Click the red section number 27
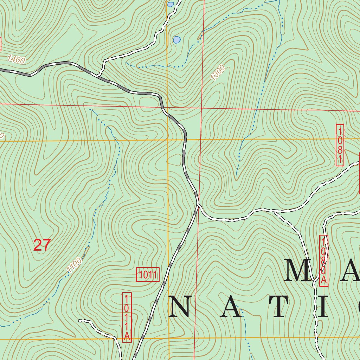point(42,245)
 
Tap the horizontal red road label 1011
point(148,275)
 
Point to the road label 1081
point(340,145)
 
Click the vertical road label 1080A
point(324,261)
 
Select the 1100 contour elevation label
point(74,265)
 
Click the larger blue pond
point(176,40)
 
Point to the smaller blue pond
point(171,4)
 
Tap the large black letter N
point(182,306)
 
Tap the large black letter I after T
point(321,306)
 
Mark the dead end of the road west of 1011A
point(80,321)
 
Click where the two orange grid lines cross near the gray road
point(168,140)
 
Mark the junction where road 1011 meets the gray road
point(198,205)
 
